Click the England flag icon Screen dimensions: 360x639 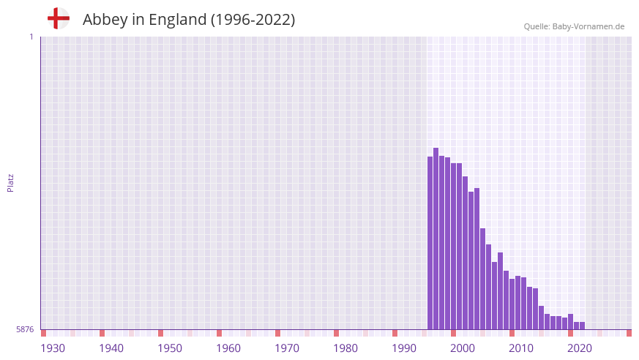[x=58, y=18]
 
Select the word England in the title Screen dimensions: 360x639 [x=177, y=20]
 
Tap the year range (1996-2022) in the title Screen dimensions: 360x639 [x=253, y=20]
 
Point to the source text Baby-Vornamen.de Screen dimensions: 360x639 [x=588, y=26]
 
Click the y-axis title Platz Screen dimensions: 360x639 [x=10, y=182]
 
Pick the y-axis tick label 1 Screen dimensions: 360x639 [x=31, y=37]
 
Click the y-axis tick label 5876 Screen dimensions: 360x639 [x=25, y=329]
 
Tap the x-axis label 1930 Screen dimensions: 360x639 [x=53, y=348]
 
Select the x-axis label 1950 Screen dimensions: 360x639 [x=170, y=348]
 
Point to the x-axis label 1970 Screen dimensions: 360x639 [x=287, y=348]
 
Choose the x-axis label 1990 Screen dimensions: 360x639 [x=404, y=348]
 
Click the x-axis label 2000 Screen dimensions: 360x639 [x=463, y=348]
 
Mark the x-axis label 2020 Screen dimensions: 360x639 [x=580, y=348]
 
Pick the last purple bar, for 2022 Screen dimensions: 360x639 [x=582, y=326]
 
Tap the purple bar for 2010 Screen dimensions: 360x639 [x=512, y=304]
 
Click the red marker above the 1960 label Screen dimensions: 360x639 [x=219, y=333]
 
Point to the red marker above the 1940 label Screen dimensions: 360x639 [x=102, y=333]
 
